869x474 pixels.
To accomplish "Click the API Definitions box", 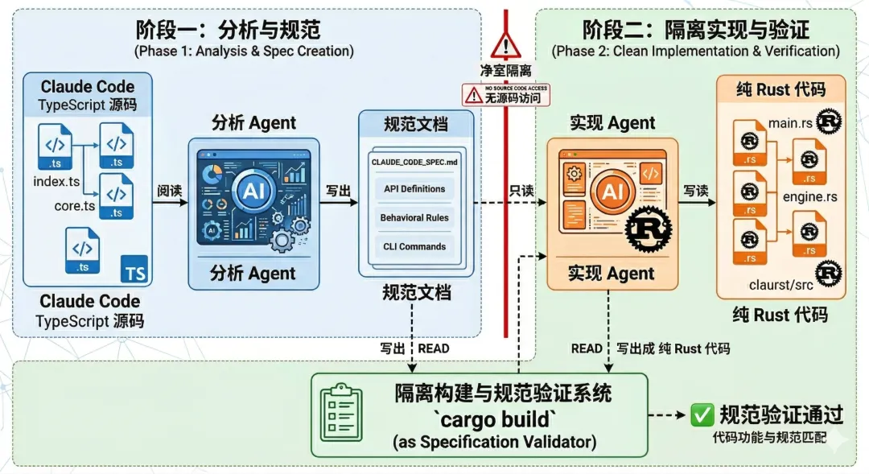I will coord(414,189).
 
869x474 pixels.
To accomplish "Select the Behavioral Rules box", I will coord(414,218).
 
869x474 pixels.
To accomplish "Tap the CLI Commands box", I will coord(414,247).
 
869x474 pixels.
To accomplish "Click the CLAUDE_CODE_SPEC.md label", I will coord(414,163).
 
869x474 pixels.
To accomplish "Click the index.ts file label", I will coord(56,181).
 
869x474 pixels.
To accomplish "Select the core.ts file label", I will coord(75,206).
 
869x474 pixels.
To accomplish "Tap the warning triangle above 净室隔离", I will coord(506,44).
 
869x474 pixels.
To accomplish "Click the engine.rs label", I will coord(809,197).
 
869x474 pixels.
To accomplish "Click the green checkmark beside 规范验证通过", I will coord(702,415).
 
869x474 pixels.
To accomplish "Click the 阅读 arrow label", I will coord(169,191).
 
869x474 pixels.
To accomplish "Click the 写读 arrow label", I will coord(696,192).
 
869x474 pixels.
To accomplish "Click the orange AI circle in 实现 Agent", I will coord(611,192).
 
